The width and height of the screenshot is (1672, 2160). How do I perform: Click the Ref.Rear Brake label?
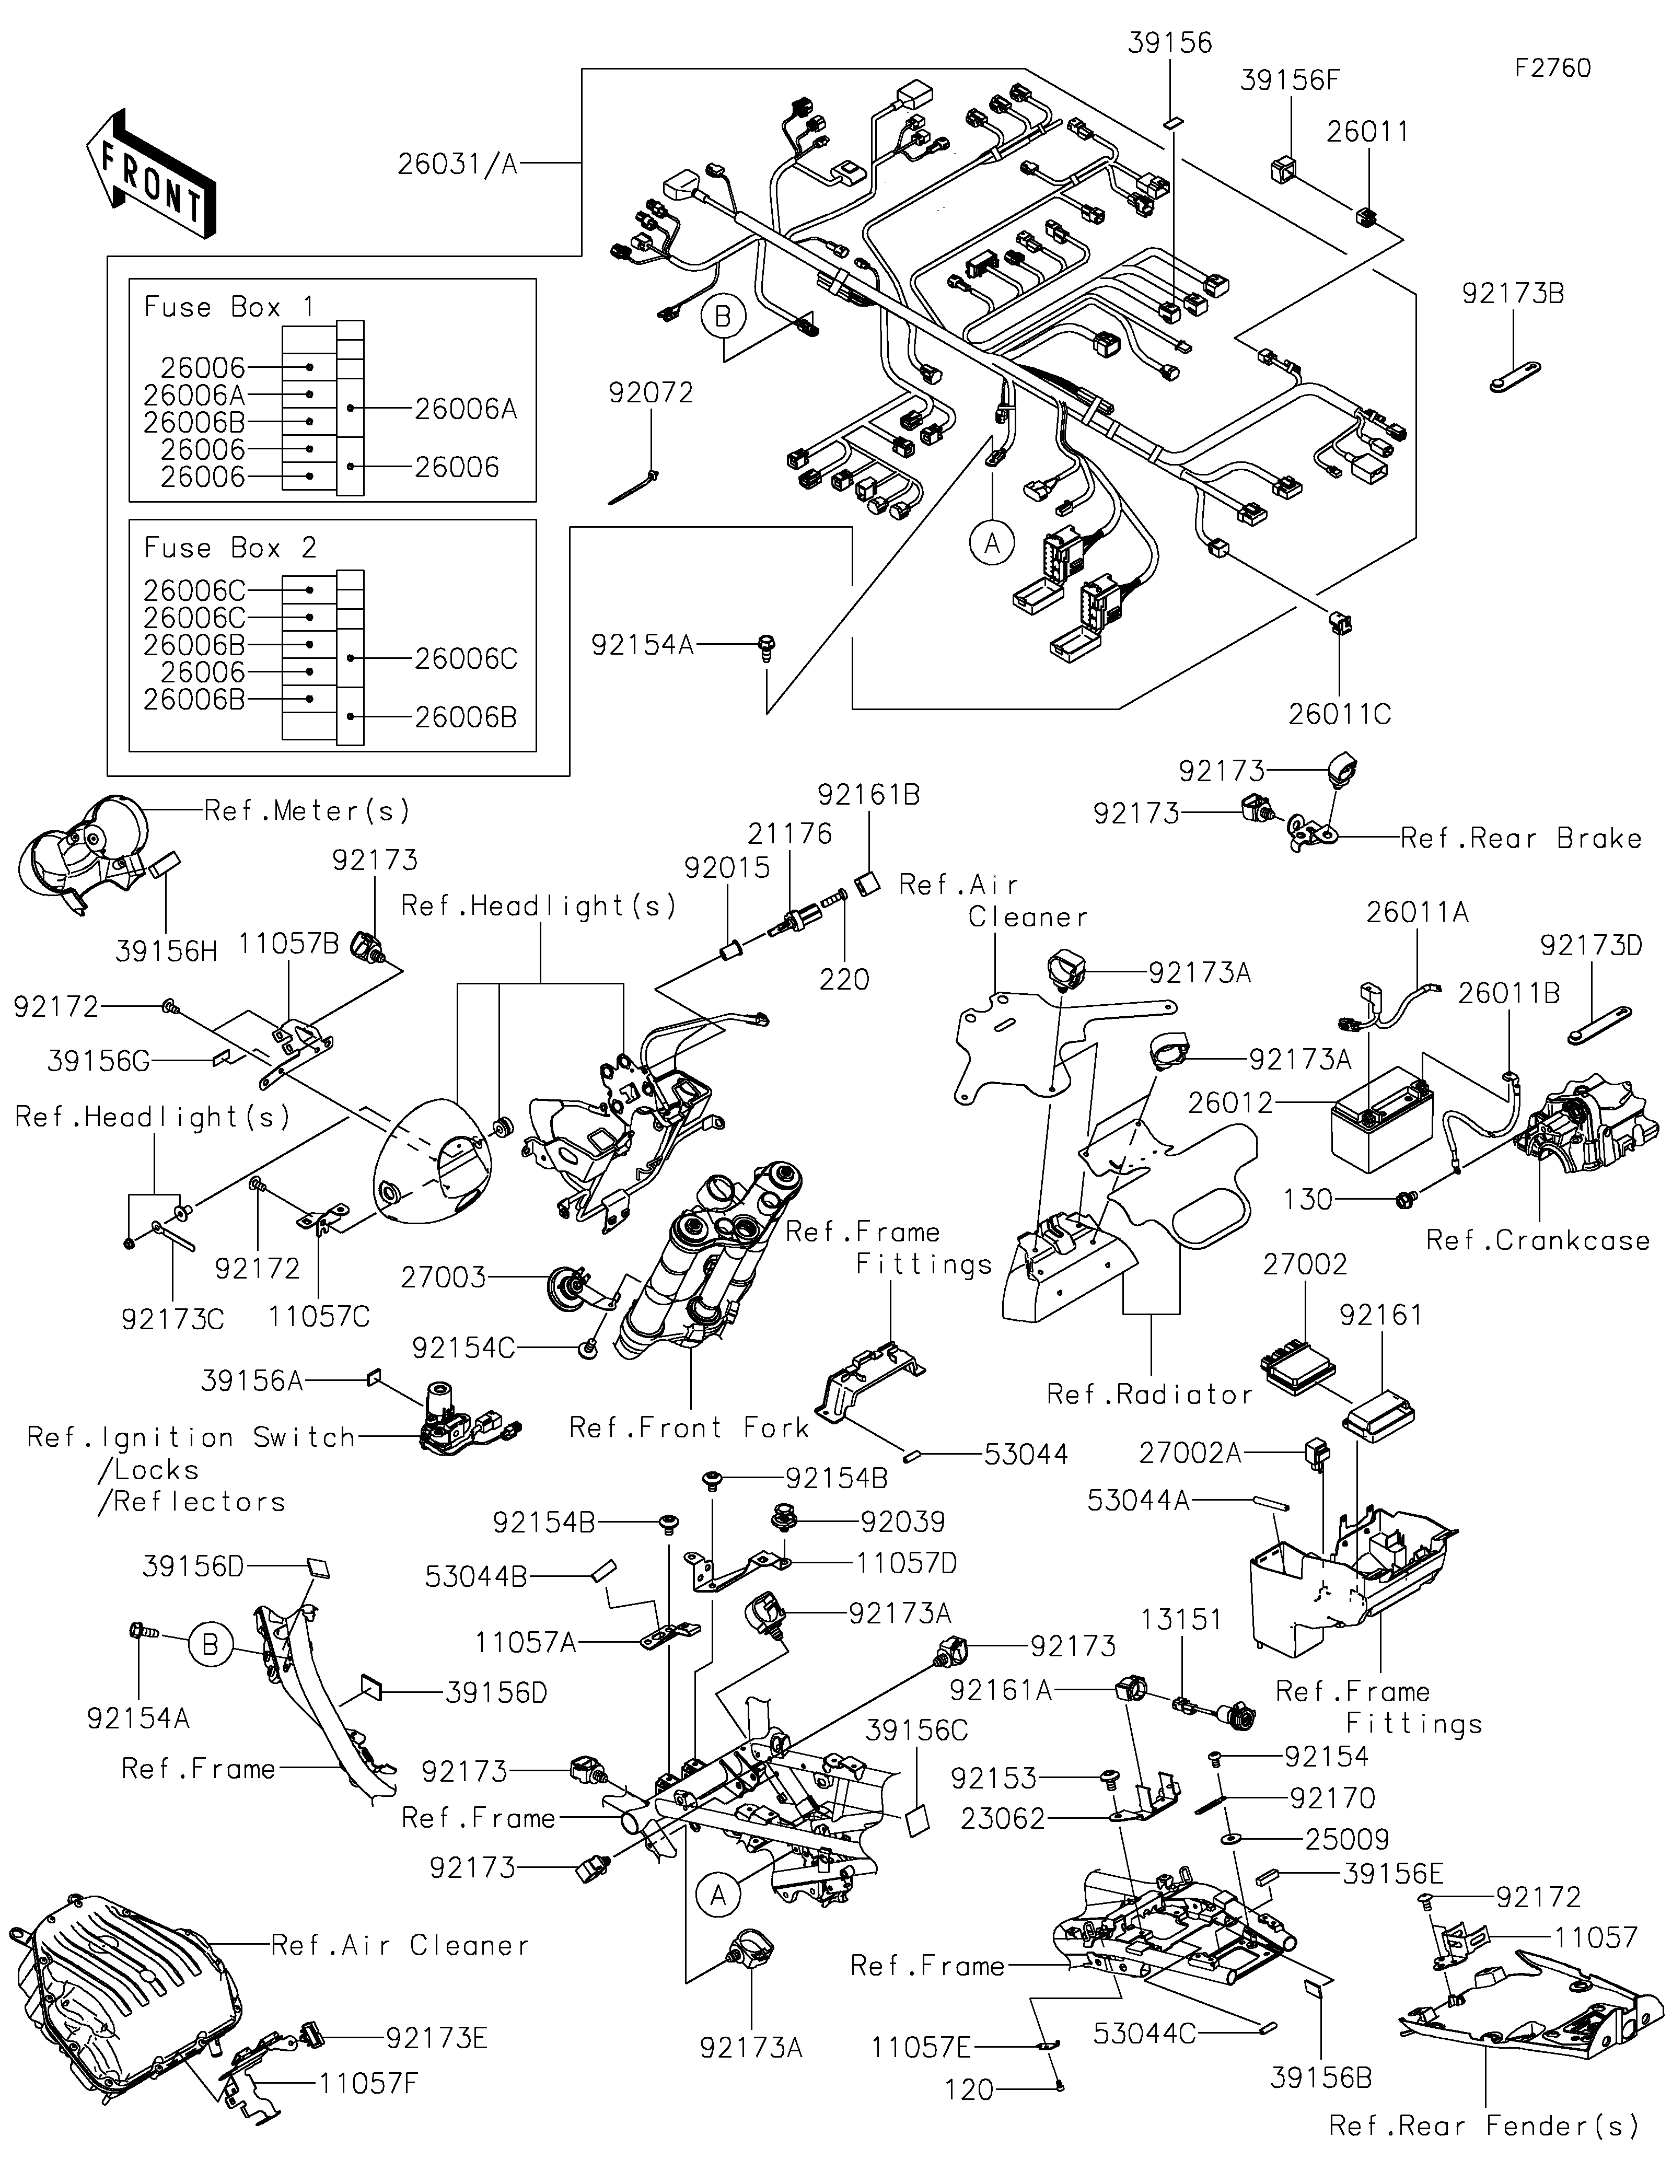coord(1520,839)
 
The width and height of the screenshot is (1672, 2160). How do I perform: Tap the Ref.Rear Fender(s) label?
coord(1483,2124)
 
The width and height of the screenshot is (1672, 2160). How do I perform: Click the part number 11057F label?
coord(369,2084)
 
